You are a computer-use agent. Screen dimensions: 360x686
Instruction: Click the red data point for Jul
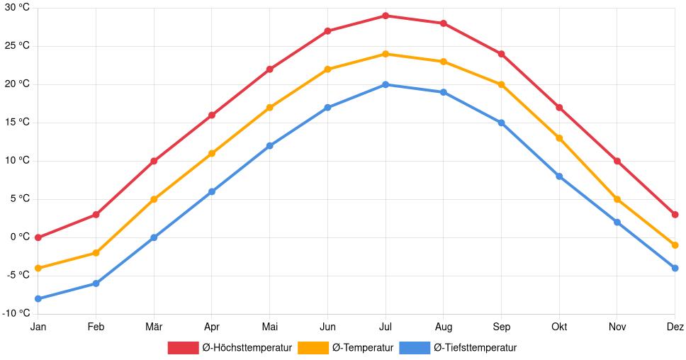tap(386, 16)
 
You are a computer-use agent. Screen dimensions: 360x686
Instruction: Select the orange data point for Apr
tap(212, 153)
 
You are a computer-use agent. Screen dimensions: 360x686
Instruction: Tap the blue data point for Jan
tap(38, 299)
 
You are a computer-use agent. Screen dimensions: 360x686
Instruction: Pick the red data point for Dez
tap(675, 215)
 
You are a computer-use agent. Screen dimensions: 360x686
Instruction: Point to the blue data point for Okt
tap(559, 176)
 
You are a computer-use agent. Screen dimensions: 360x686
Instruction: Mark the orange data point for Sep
tap(501, 84)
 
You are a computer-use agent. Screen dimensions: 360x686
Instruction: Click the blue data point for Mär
tap(154, 237)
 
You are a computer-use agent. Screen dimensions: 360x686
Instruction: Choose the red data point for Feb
tap(96, 215)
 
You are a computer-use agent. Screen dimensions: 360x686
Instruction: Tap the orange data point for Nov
tap(617, 199)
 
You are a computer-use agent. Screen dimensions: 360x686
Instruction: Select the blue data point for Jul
tap(386, 84)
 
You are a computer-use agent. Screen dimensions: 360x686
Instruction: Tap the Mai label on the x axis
tap(269, 327)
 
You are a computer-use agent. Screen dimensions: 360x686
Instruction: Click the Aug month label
tap(443, 327)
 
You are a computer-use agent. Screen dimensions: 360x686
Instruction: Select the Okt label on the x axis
tap(559, 327)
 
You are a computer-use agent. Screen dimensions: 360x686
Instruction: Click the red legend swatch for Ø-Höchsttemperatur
tap(183, 348)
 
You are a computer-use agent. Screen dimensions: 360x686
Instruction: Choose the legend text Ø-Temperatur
tap(362, 348)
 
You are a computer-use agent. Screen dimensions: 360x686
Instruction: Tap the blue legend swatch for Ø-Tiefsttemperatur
tap(415, 348)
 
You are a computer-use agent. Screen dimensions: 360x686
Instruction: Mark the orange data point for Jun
tap(327, 69)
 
